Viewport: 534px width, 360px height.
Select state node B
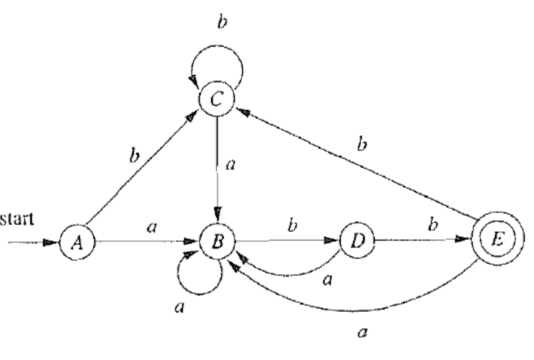pos(216,244)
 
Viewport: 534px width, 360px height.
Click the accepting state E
pos(492,244)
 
